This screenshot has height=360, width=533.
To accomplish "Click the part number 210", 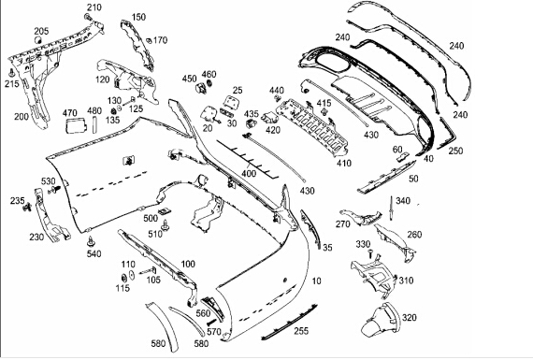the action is [94, 7].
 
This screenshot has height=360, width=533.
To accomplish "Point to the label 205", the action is [41, 31].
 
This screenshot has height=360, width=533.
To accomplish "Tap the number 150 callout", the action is [138, 17].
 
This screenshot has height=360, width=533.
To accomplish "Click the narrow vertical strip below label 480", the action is [94, 124].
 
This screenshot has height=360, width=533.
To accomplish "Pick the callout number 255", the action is [301, 330].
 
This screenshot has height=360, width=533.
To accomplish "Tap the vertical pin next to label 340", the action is [392, 207].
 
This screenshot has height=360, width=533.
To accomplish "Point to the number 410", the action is [344, 164].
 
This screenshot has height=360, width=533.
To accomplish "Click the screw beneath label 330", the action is [370, 253].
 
